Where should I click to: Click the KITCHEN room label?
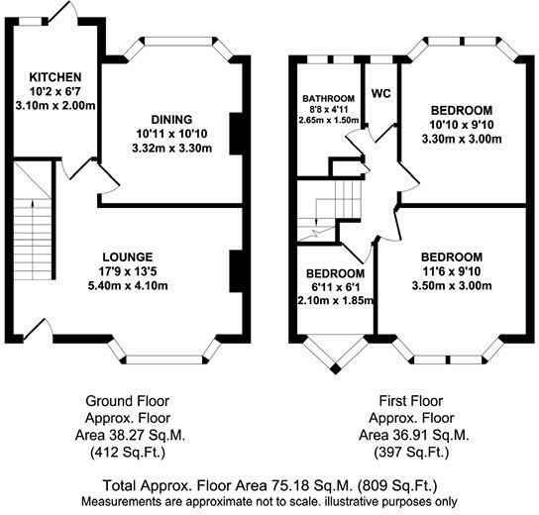(54, 77)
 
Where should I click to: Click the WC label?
(380, 94)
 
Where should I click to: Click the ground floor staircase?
(35, 218)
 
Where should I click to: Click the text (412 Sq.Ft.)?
(125, 455)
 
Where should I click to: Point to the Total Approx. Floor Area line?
(269, 485)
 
